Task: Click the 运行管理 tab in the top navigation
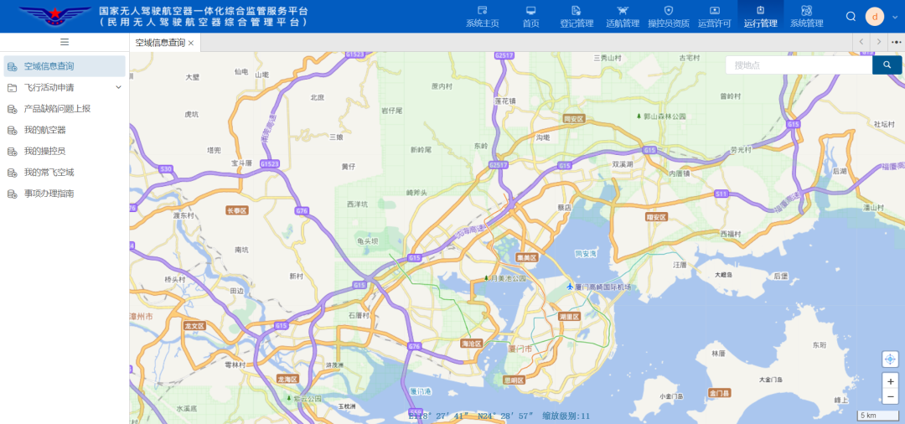point(760,16)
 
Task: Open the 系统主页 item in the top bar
point(482,16)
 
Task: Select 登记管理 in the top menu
point(577,16)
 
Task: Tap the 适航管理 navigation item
point(623,16)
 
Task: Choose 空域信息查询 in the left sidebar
point(49,66)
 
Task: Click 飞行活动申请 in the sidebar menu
point(49,87)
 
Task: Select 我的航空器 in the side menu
point(44,130)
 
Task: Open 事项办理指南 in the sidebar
point(49,194)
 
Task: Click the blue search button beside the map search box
point(887,65)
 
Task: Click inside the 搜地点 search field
point(796,65)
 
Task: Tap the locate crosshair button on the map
point(890,359)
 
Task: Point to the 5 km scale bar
point(877,416)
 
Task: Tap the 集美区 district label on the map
point(527,257)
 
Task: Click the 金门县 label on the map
point(720,392)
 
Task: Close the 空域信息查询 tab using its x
point(191,43)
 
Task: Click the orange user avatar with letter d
point(875,16)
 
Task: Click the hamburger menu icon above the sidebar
point(65,42)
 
